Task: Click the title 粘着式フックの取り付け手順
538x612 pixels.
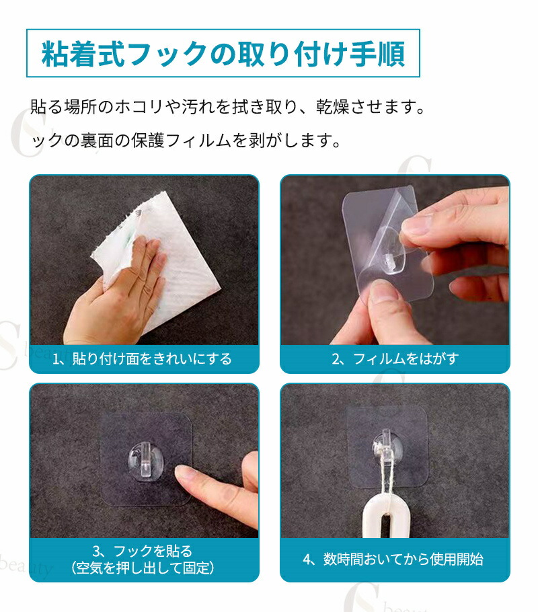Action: click(223, 54)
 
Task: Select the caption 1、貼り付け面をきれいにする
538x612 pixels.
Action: click(142, 358)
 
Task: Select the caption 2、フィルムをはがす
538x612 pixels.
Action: click(395, 358)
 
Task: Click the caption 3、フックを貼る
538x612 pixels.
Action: click(143, 551)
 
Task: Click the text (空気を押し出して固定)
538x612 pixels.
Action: click(143, 568)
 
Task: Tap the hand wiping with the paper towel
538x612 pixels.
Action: click(117, 293)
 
